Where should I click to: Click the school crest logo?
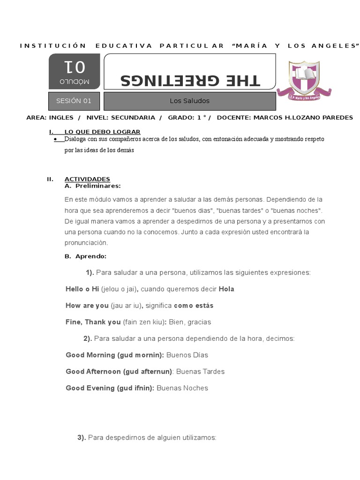coord(304,80)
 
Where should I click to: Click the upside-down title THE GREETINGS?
coord(189,79)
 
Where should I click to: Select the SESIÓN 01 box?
coord(74,101)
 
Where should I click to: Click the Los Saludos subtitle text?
coord(189,101)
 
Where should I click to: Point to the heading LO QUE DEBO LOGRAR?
coord(102,132)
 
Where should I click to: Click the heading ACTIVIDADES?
coord(87,179)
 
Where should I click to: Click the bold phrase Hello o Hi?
coord(82,289)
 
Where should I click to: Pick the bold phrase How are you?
coord(87,306)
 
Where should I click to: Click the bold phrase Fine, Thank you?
coord(93,322)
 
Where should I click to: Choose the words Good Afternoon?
coord(93,371)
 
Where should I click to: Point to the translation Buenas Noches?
coord(182,388)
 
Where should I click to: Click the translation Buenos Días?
coord(187,355)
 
